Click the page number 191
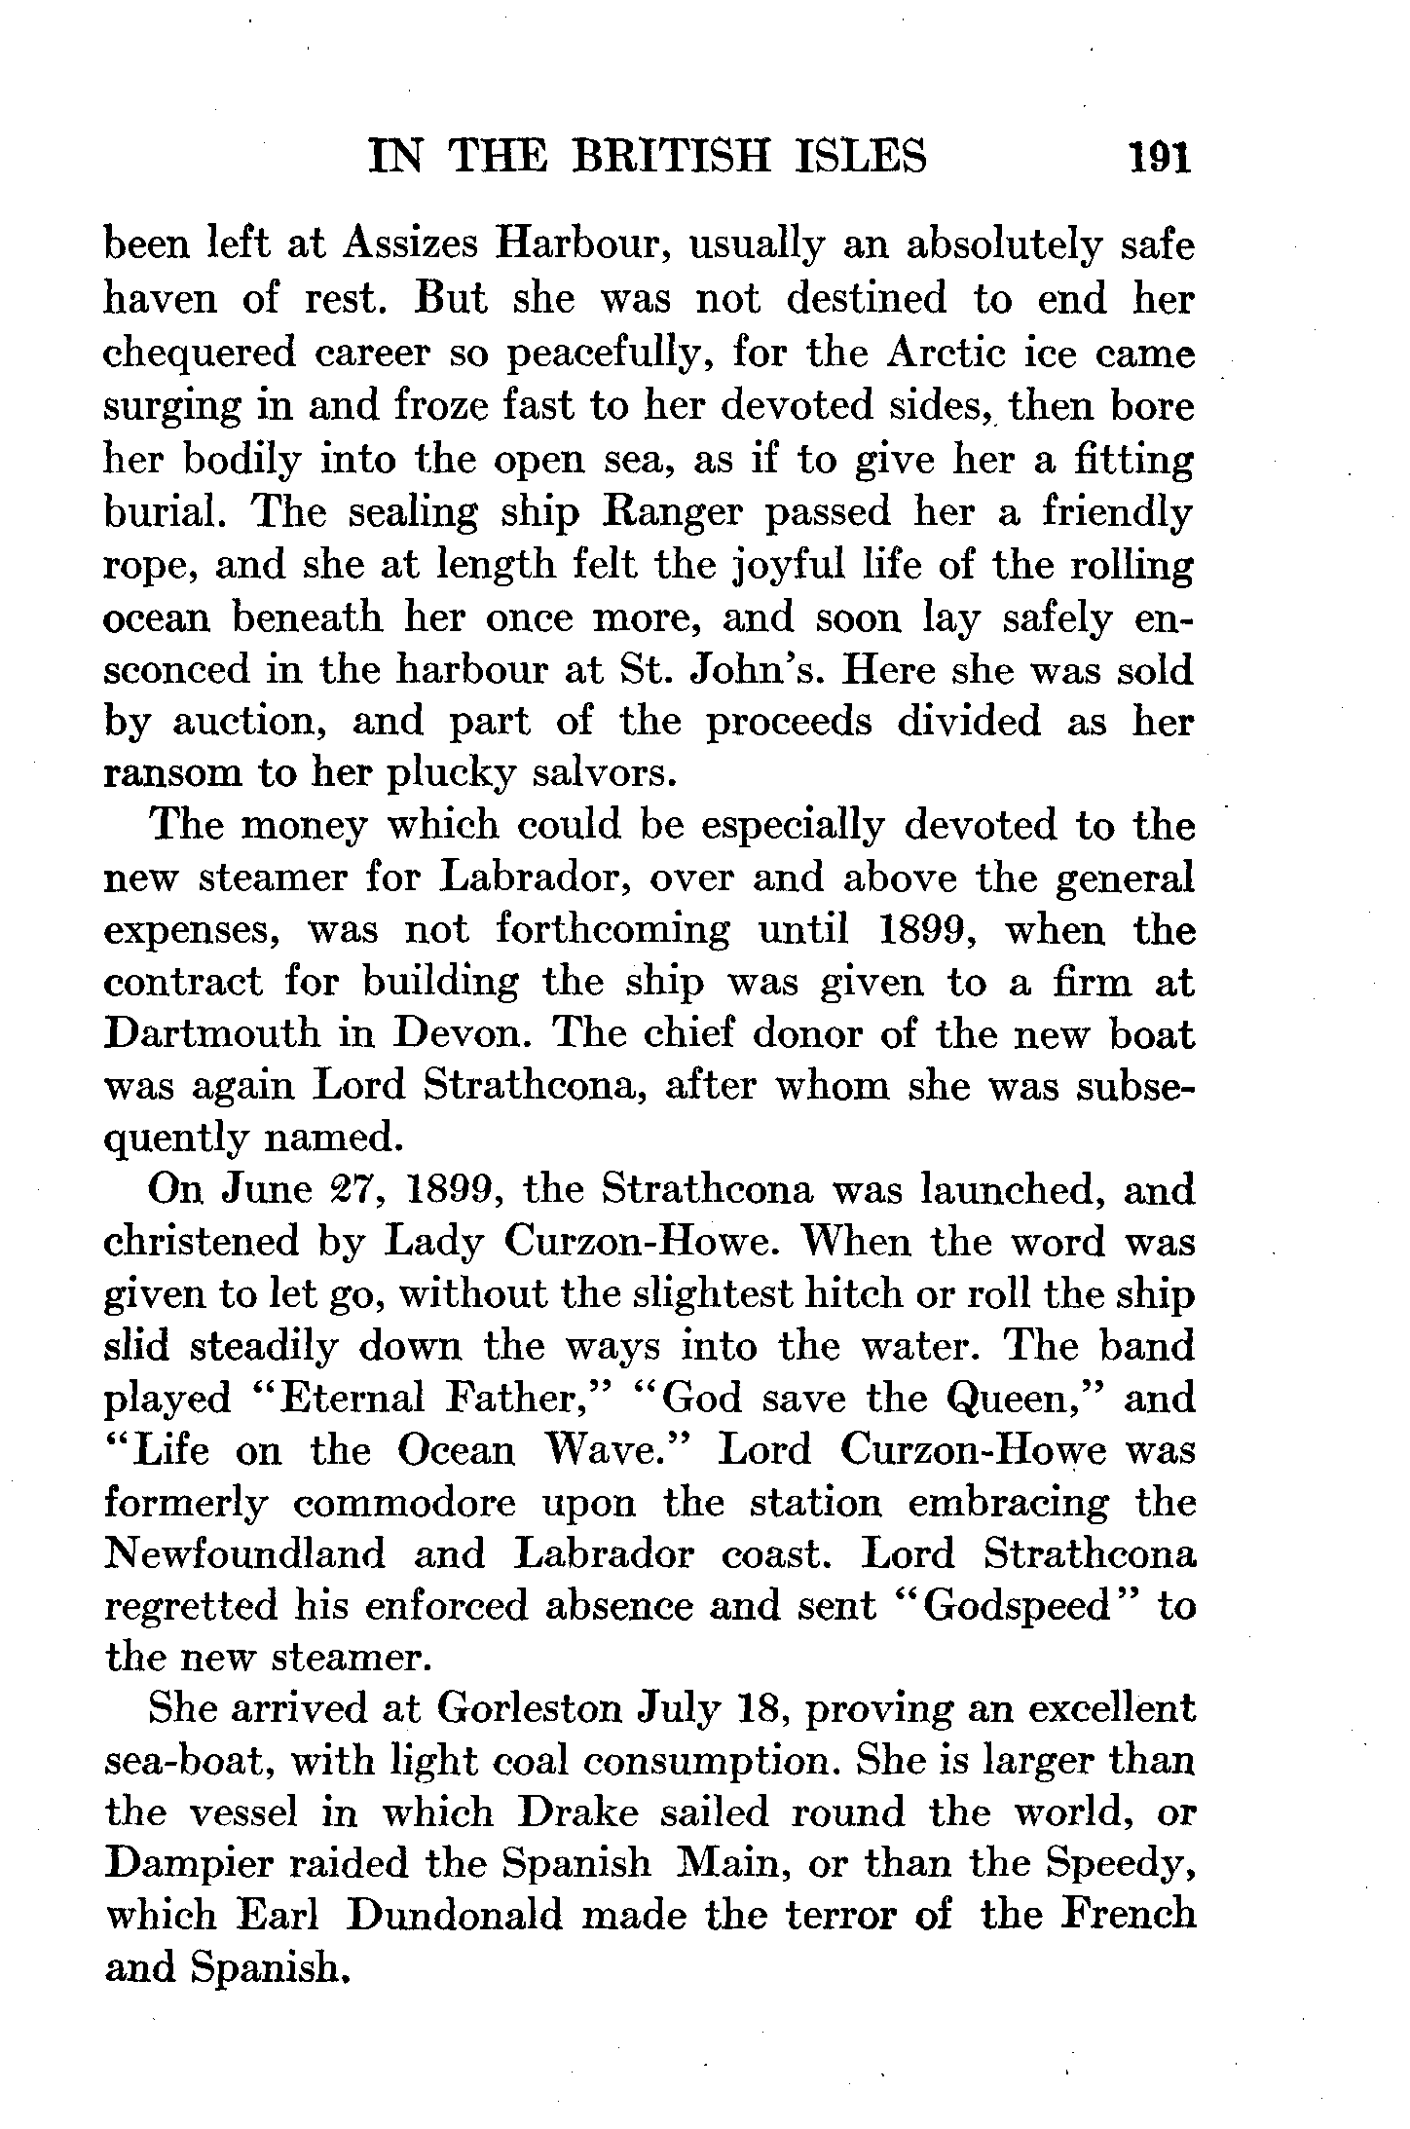pos(1159,157)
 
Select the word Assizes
pos(408,244)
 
